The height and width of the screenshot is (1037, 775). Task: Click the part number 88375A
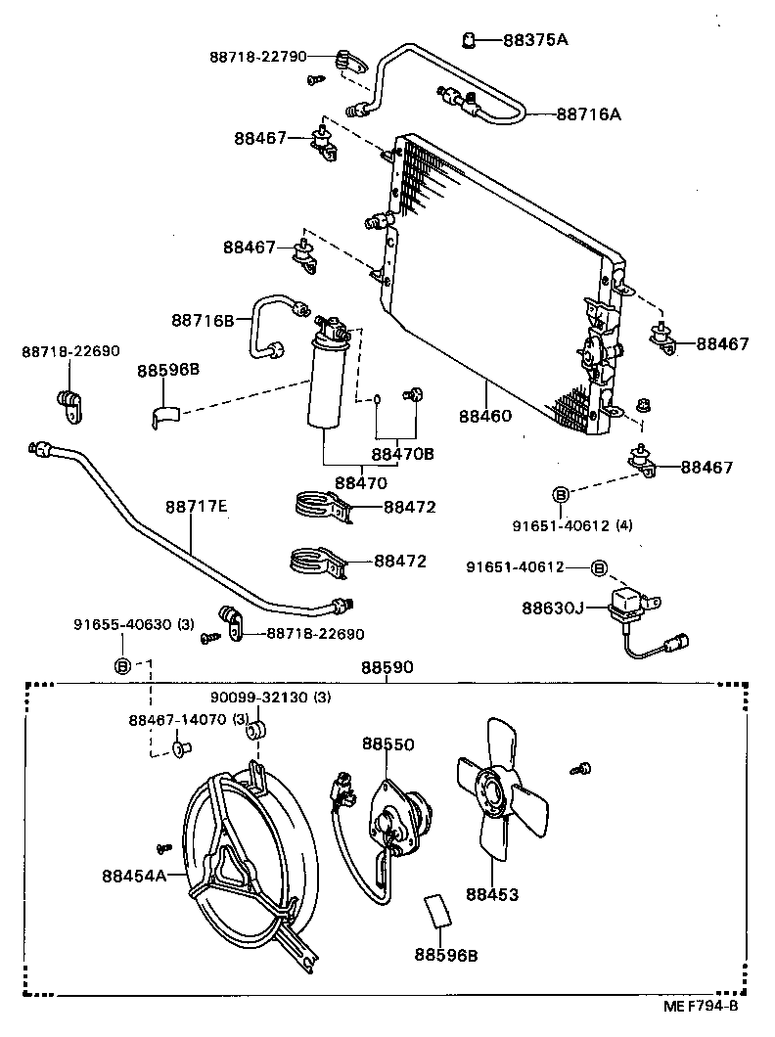[x=535, y=40]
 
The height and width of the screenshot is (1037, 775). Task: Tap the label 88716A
[x=589, y=114]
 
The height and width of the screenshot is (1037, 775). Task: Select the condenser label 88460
[x=484, y=416]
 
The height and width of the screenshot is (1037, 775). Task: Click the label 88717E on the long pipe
[x=196, y=506]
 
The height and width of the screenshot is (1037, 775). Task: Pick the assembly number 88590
[x=387, y=667]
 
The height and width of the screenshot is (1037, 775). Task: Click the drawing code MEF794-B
[x=699, y=1006]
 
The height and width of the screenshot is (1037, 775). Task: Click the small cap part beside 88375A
[x=470, y=39]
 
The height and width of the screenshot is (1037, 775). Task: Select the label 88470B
[x=401, y=454]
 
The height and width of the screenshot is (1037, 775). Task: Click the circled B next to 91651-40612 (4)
[x=561, y=494]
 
